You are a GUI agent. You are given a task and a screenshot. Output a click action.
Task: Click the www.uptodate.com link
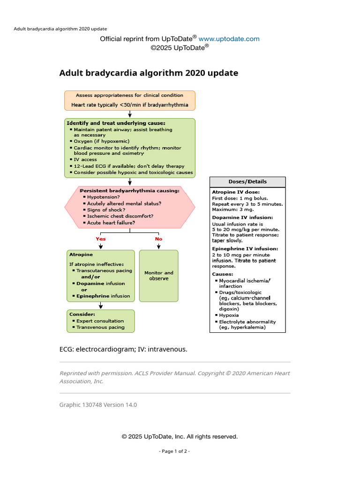point(229,39)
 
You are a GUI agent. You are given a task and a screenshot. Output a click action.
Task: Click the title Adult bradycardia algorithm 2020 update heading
point(149,73)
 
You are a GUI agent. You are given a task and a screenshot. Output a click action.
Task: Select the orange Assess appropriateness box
point(130,100)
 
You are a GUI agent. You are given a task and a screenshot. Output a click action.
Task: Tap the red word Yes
point(101,239)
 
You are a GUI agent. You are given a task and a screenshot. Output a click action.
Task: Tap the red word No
point(158,239)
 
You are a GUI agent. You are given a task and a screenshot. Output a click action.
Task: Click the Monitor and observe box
point(158,276)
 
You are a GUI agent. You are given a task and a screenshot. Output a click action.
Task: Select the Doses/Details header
point(247,182)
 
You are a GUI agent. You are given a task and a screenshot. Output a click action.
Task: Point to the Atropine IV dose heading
point(236,192)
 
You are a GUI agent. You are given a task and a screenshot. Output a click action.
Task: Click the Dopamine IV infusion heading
point(242,217)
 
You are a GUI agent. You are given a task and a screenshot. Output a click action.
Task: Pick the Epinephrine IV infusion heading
point(245,248)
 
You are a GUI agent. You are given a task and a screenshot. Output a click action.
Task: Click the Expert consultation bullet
point(100,321)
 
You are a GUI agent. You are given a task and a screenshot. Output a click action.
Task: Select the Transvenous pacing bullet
point(100,327)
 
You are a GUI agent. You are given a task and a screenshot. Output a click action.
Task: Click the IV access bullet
point(85,160)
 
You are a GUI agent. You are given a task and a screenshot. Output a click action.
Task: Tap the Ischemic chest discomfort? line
point(120,216)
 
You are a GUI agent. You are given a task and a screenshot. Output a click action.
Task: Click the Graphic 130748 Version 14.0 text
point(98,405)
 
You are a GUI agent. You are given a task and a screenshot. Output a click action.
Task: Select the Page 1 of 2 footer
point(180,451)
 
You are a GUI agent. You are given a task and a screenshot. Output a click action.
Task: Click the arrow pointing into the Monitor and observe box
point(158,245)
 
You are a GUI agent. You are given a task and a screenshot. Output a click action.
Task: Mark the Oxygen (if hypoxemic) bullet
point(101,141)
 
